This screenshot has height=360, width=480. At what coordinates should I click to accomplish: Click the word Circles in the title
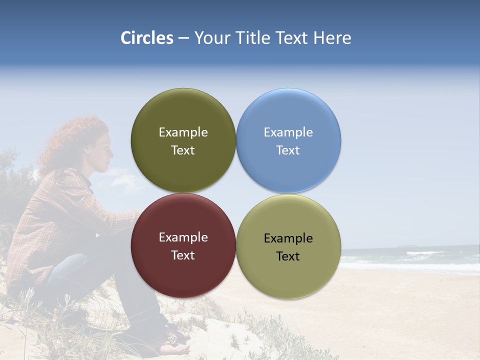[146, 38]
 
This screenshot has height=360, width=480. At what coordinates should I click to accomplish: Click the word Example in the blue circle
[288, 132]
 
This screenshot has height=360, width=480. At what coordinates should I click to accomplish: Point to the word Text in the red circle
[183, 255]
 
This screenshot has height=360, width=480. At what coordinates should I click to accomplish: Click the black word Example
[288, 238]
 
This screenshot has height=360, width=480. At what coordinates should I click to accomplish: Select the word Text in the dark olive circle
[183, 150]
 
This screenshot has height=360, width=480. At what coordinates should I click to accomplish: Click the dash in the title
[183, 38]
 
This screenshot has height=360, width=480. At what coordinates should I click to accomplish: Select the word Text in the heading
[292, 38]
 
